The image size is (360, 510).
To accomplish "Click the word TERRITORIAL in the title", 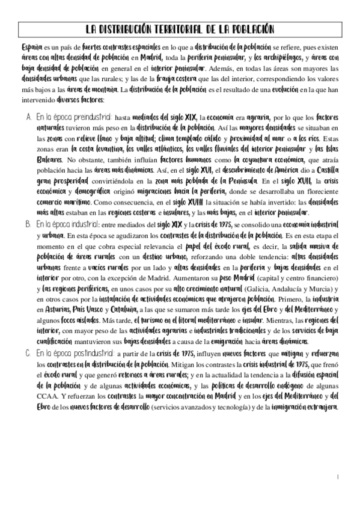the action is coord(169,29).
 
